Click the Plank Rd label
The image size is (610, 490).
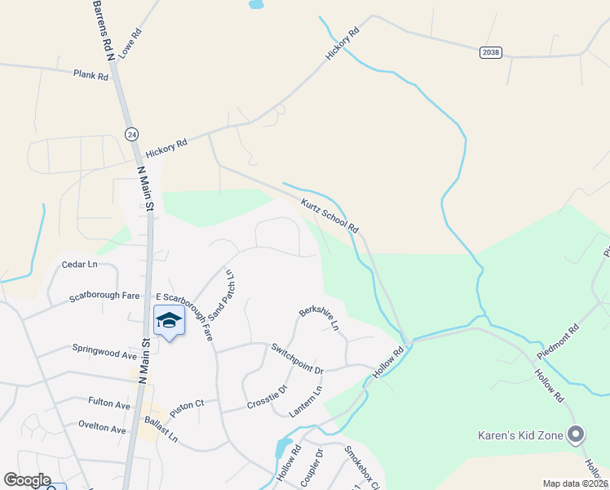pyautogui.click(x=91, y=75)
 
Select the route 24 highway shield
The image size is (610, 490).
pyautogui.click(x=132, y=133)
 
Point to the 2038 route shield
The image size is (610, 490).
pyautogui.click(x=490, y=52)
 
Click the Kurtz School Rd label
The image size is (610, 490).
pyautogui.click(x=329, y=216)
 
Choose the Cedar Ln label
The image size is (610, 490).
pyautogui.click(x=79, y=265)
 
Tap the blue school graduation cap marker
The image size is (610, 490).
pyautogui.click(x=169, y=321)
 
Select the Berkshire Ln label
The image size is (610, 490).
pyautogui.click(x=319, y=318)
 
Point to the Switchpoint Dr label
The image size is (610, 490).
pyautogui.click(x=298, y=359)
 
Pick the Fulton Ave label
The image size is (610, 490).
pyautogui.click(x=108, y=404)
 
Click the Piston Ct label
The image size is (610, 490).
pyautogui.click(x=188, y=403)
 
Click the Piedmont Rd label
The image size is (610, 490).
pyautogui.click(x=558, y=341)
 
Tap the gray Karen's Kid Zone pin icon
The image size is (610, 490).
pyautogui.click(x=577, y=435)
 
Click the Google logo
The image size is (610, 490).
pyautogui.click(x=27, y=480)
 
